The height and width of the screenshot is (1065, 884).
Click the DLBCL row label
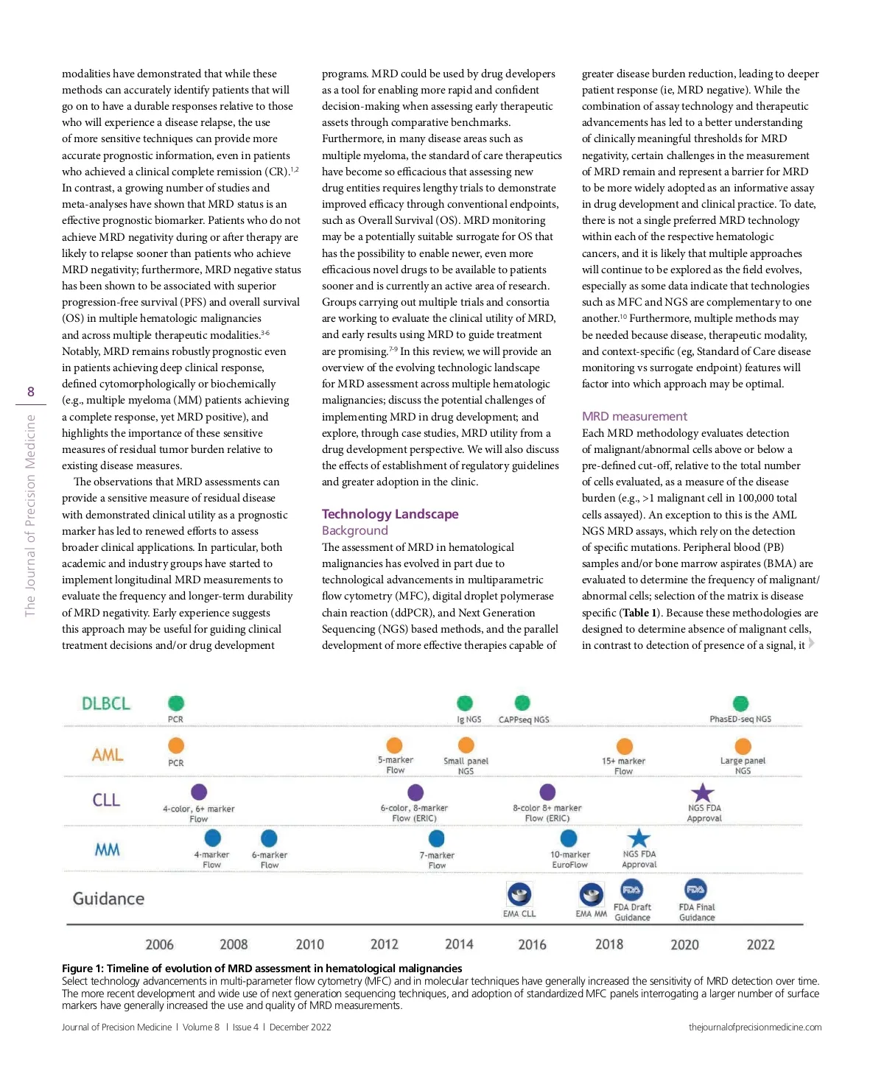point(106,703)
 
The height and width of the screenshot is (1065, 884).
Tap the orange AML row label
point(108,755)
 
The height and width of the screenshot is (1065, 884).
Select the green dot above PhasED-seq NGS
point(740,703)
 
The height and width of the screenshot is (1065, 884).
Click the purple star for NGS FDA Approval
point(703,792)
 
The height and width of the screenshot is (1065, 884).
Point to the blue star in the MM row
point(639,838)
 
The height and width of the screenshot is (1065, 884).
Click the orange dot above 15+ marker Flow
point(625,746)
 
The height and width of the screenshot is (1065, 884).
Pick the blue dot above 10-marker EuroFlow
point(569,838)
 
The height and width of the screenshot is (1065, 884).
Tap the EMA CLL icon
point(519,894)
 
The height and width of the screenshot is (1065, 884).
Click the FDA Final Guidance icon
point(695,889)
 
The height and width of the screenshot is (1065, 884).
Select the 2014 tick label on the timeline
point(459,944)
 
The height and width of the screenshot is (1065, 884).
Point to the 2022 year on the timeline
point(760,944)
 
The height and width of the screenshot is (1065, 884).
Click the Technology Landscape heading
point(390,514)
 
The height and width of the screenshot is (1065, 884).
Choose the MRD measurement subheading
point(634,416)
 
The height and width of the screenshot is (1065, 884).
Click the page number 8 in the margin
point(31,392)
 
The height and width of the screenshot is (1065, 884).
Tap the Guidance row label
point(108,899)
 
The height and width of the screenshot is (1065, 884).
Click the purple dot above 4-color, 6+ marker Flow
point(199,792)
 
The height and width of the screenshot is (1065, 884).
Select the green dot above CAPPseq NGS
point(522,703)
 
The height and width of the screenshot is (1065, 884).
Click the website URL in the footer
point(755,1027)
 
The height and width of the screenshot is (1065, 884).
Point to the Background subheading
point(354,530)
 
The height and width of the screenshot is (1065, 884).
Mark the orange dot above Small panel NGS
point(466,745)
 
